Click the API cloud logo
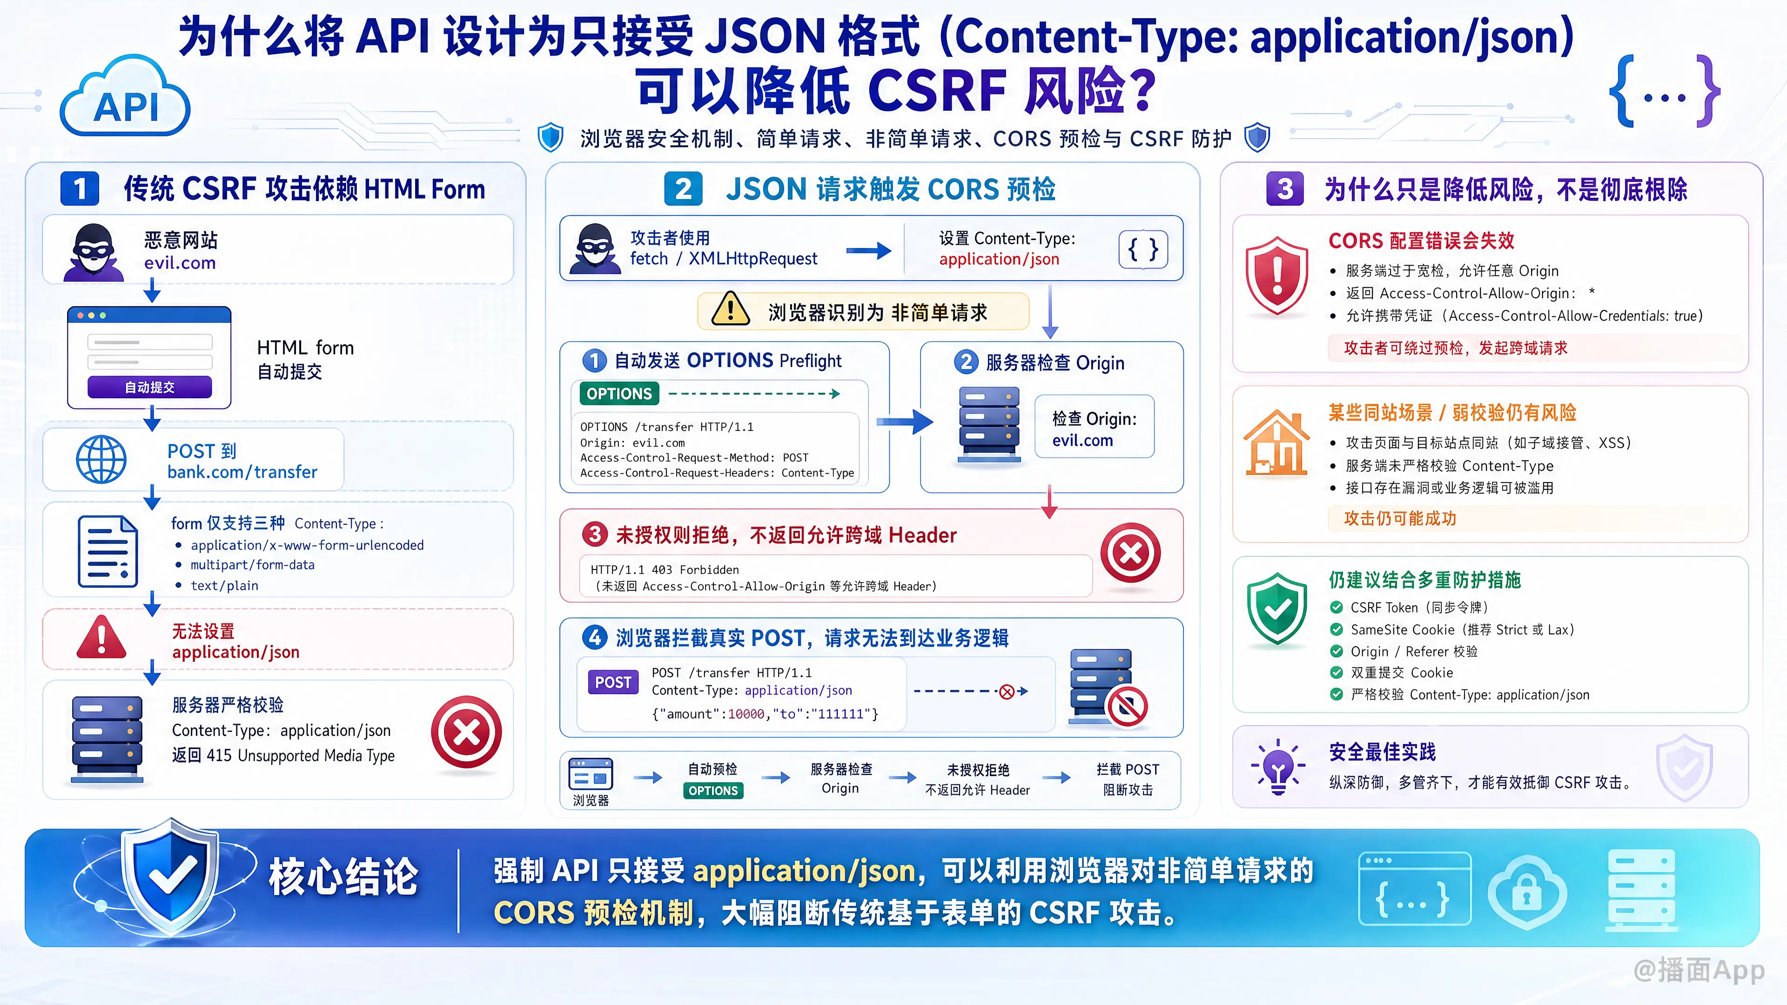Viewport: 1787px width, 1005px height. click(125, 97)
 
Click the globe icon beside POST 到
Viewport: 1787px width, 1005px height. click(101, 459)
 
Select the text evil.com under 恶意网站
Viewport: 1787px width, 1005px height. click(180, 263)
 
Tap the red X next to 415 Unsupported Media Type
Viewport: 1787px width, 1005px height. click(466, 732)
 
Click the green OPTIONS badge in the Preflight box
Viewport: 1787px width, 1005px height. click(619, 394)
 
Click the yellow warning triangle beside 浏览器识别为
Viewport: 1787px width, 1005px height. click(730, 309)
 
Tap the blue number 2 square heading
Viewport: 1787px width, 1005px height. click(683, 188)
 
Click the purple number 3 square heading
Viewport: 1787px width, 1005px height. click(1285, 188)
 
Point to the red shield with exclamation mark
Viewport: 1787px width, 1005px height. click(1276, 275)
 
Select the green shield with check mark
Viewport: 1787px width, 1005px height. click(1276, 609)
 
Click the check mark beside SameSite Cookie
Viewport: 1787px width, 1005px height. click(1336, 630)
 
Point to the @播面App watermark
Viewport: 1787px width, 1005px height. click(1699, 970)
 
